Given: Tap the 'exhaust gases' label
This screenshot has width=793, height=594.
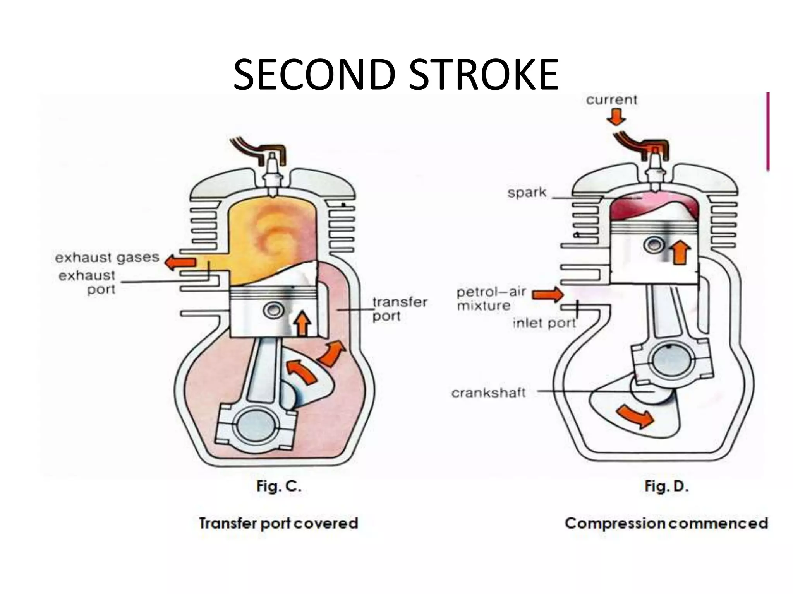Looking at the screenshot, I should (x=107, y=258).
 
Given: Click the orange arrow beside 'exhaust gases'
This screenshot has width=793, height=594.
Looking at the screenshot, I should (x=180, y=263).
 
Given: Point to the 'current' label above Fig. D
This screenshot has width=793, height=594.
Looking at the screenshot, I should (x=611, y=100).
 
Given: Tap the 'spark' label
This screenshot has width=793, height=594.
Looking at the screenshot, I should (x=527, y=192).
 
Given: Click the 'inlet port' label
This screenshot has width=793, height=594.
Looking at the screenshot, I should (x=544, y=323).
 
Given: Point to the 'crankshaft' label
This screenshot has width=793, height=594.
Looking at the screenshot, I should (x=488, y=393).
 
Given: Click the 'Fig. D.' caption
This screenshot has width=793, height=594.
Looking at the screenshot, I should (x=666, y=486).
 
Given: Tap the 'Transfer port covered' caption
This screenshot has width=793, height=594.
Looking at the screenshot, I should (x=278, y=523).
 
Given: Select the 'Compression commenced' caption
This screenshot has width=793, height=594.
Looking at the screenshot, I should (x=666, y=523).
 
